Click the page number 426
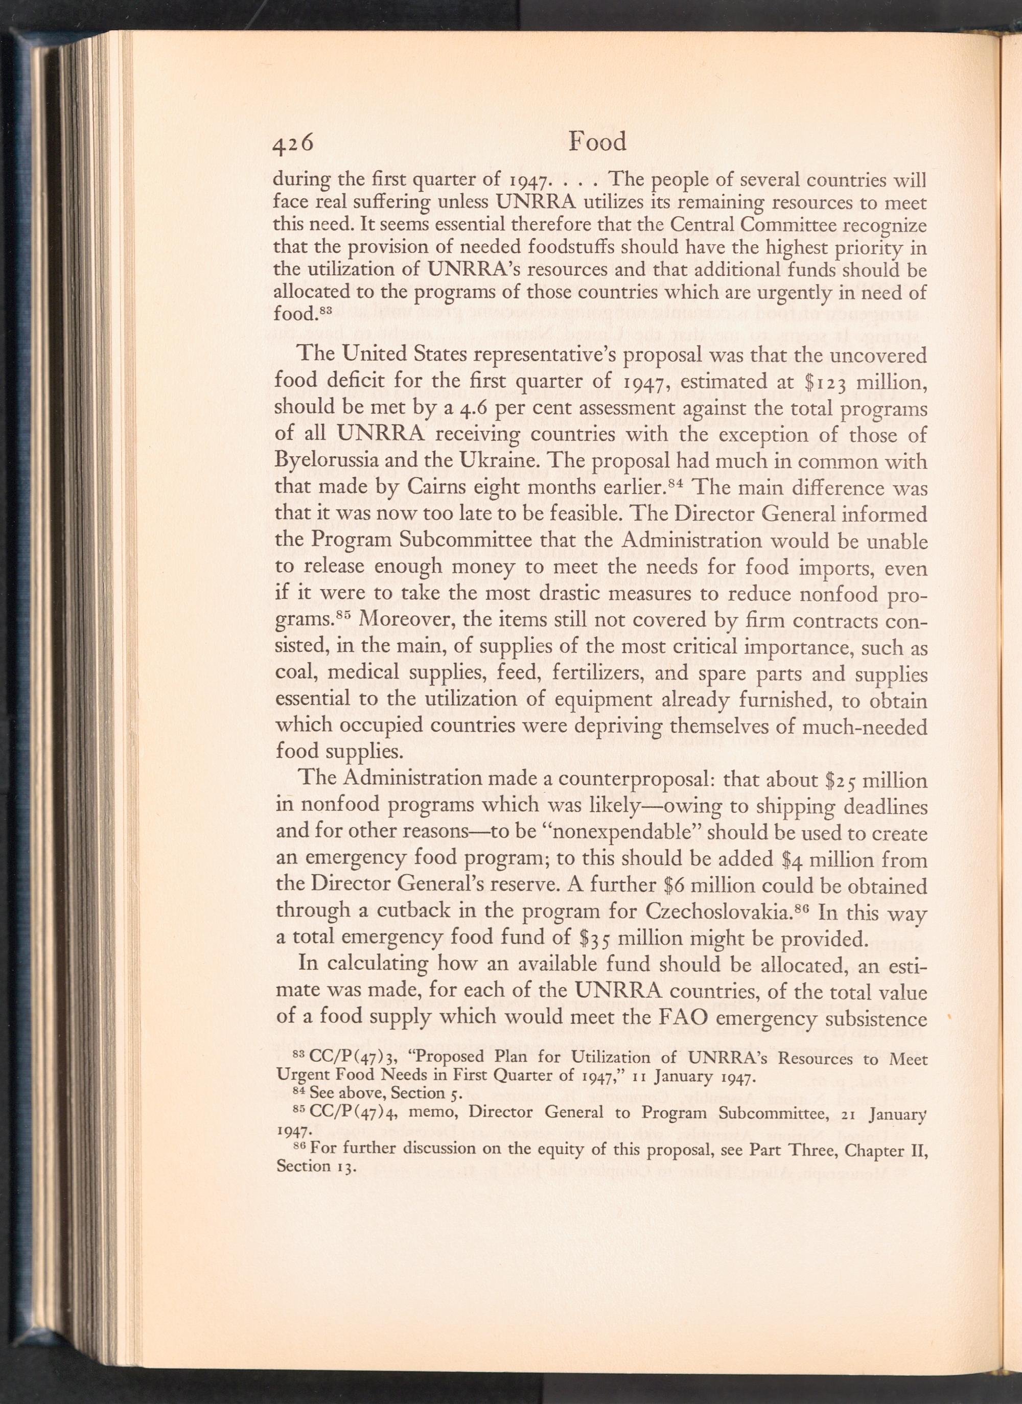pos(294,144)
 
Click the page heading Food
pos(597,143)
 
